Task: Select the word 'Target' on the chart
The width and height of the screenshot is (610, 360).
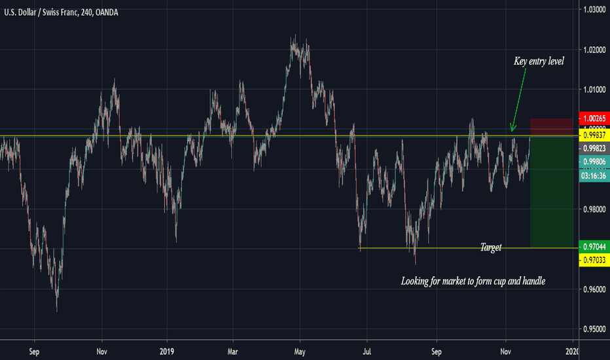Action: (x=491, y=247)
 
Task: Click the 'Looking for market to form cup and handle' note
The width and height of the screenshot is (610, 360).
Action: (x=473, y=281)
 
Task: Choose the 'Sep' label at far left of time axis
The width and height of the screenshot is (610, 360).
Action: (x=35, y=350)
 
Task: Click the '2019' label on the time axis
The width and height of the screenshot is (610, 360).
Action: (x=168, y=350)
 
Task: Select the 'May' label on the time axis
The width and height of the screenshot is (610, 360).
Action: (x=300, y=350)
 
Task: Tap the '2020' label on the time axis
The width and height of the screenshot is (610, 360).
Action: (x=573, y=350)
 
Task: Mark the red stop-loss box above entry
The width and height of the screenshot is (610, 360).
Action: (x=552, y=127)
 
